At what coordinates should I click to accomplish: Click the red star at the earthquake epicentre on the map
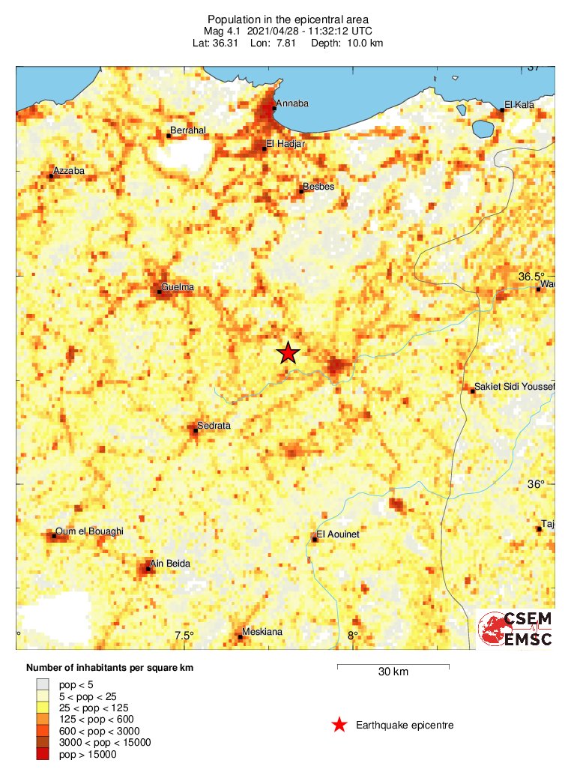click(288, 352)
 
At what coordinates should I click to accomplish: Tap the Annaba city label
click(292, 103)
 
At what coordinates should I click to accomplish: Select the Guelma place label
click(178, 287)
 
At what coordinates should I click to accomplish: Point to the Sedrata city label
click(213, 426)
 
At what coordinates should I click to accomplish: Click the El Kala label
click(519, 105)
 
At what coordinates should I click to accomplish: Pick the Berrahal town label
click(188, 130)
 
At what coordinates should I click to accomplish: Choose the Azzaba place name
click(68, 171)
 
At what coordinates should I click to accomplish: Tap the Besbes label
click(318, 186)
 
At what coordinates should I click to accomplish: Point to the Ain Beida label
click(170, 564)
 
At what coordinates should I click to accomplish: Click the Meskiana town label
click(262, 632)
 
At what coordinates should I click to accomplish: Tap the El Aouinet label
click(338, 534)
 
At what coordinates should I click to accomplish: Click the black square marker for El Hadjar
click(265, 148)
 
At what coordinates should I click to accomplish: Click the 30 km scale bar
click(393, 666)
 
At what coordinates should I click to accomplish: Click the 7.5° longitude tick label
click(184, 636)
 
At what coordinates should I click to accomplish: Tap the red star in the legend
click(339, 725)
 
